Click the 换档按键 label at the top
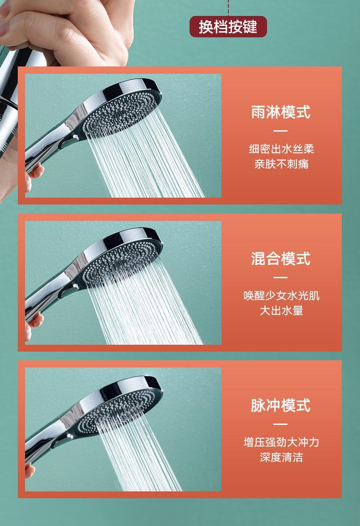(x=228, y=27)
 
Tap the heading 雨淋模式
(x=281, y=112)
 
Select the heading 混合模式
(x=281, y=259)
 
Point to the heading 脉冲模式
(x=281, y=405)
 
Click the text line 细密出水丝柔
(x=282, y=149)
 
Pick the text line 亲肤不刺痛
(x=282, y=164)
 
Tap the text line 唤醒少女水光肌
(x=282, y=296)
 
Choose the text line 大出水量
(x=282, y=311)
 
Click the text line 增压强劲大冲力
(x=282, y=442)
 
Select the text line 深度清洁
(x=282, y=457)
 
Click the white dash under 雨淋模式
(x=280, y=131)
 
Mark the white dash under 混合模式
(x=280, y=277)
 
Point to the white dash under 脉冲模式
(x=280, y=424)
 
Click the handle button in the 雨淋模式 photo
(x=67, y=143)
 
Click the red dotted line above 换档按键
(x=228, y=8)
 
